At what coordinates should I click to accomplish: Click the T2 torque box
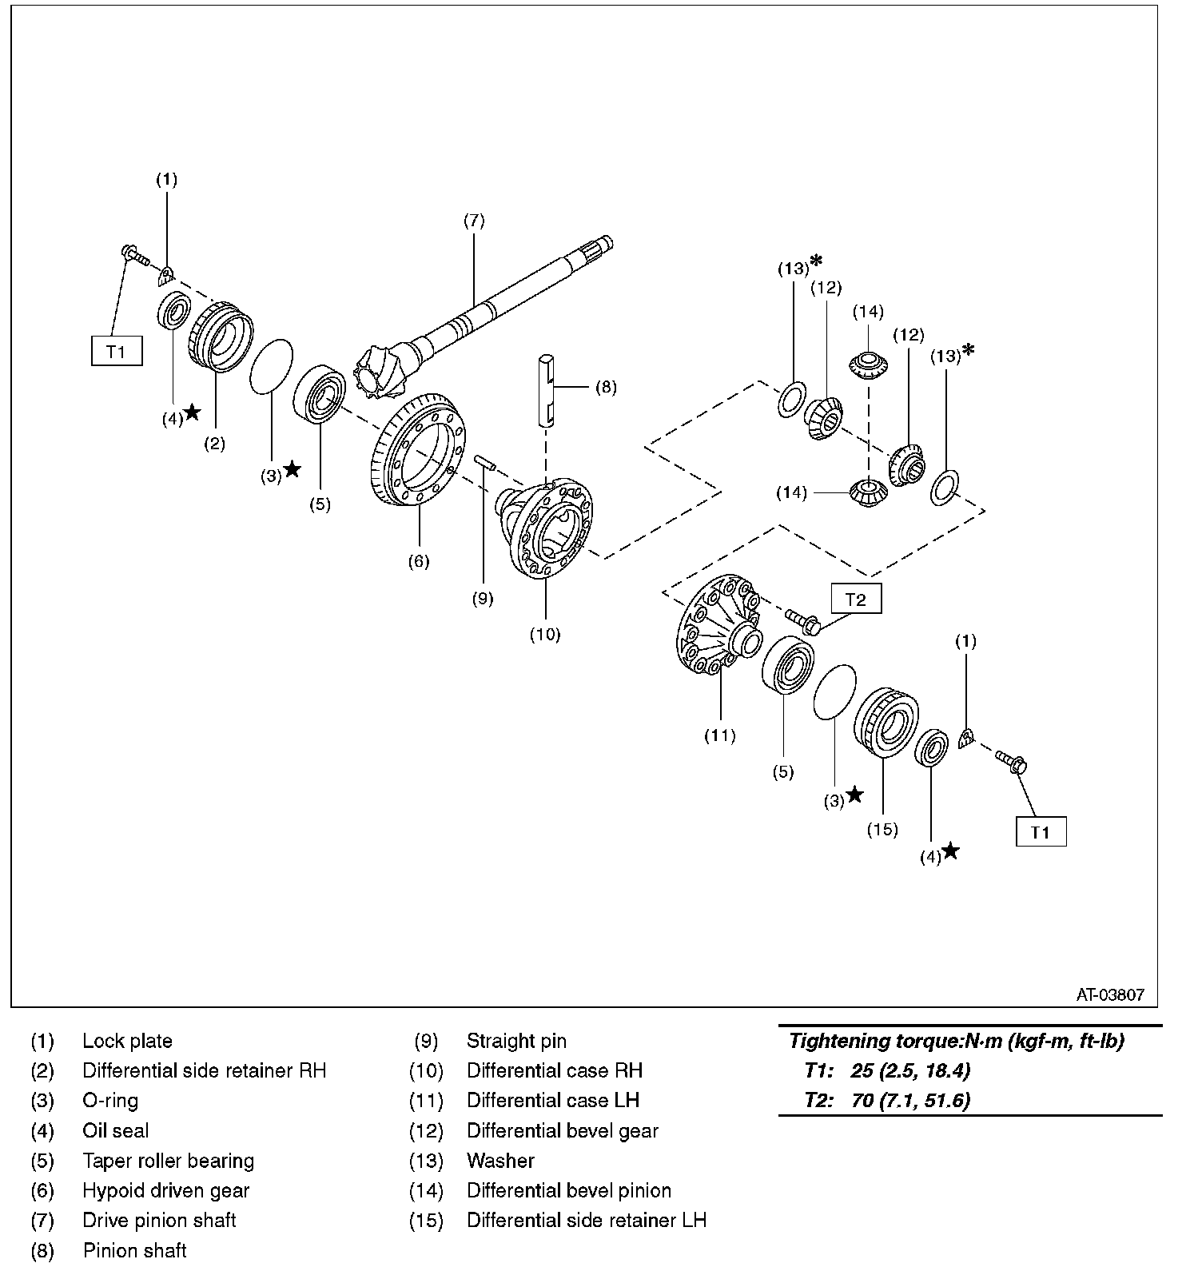(x=855, y=600)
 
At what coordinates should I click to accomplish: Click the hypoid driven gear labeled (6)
(x=416, y=448)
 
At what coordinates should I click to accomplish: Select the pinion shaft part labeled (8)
(x=546, y=388)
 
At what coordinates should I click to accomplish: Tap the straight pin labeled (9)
(x=485, y=461)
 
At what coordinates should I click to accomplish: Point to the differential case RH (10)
(x=551, y=528)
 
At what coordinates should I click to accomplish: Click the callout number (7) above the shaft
(x=474, y=221)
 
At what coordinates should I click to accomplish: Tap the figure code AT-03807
(x=1110, y=995)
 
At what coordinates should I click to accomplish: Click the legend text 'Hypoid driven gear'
(x=165, y=1190)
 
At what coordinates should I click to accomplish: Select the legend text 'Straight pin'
(x=516, y=1041)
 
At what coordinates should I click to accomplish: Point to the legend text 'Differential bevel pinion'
(x=568, y=1190)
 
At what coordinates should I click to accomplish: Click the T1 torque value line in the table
(x=887, y=1070)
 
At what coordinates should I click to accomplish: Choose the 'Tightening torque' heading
(x=956, y=1041)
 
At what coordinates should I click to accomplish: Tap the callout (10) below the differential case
(x=545, y=635)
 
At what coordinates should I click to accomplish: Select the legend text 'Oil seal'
(x=115, y=1130)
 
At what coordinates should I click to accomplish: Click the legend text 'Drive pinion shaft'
(x=159, y=1220)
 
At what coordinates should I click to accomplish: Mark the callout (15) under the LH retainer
(x=882, y=830)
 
